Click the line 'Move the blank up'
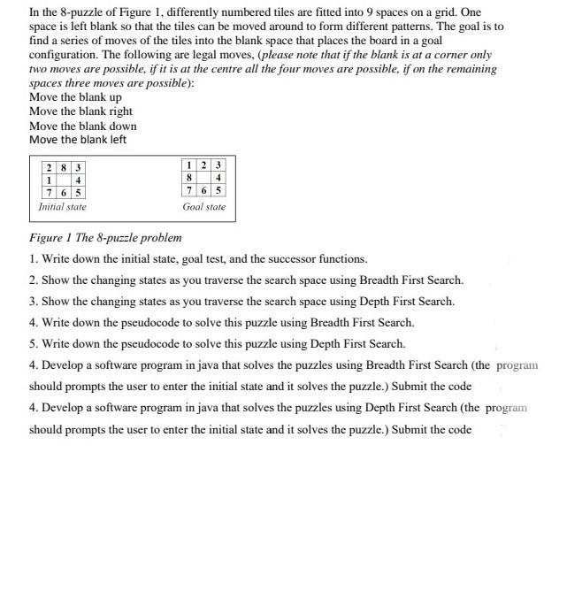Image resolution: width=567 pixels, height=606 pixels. (75, 97)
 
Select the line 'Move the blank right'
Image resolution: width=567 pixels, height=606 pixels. (80, 111)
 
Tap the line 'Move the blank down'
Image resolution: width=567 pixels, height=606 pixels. (82, 126)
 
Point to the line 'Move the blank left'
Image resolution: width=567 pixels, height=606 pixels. (78, 140)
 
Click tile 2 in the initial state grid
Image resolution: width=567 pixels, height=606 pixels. (50, 167)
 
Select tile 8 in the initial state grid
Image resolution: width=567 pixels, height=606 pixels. (64, 167)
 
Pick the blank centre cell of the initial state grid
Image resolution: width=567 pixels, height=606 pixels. (64, 180)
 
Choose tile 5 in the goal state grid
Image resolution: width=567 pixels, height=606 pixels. (218, 190)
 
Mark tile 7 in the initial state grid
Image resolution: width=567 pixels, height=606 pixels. (50, 192)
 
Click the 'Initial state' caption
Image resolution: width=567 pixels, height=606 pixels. (62, 207)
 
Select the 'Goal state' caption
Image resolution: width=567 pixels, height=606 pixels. (204, 207)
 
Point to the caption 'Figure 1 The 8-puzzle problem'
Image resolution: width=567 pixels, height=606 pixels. (105, 238)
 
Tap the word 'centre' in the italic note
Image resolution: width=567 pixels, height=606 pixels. (233, 69)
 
